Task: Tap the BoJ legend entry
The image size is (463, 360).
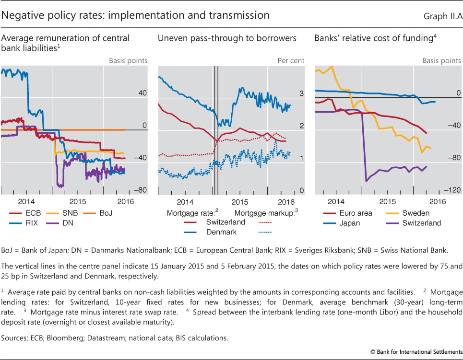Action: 113,213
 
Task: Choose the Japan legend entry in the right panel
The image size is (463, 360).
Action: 349,223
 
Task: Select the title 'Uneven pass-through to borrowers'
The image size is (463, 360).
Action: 227,38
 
